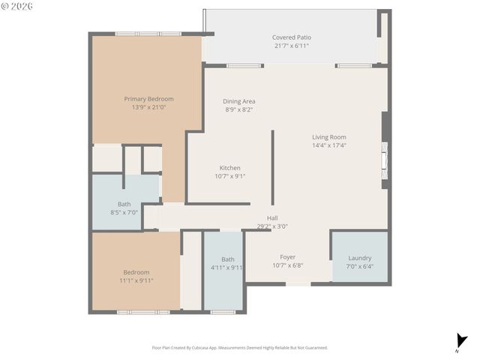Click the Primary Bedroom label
[148, 99]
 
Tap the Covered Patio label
[291, 37]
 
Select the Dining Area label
[239, 101]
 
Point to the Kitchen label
[229, 167]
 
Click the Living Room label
[329, 137]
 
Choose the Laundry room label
[359, 258]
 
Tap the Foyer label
[287, 256]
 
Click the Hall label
[272, 217]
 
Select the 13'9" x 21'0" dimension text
[148, 107]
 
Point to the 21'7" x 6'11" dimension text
[291, 45]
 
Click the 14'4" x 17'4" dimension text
[329, 145]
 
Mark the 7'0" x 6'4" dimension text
[359, 266]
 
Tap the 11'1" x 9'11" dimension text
[136, 280]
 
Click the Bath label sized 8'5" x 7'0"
[124, 204]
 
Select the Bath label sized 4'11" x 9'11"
[227, 259]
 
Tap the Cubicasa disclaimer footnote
[239, 347]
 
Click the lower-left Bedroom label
[136, 272]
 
